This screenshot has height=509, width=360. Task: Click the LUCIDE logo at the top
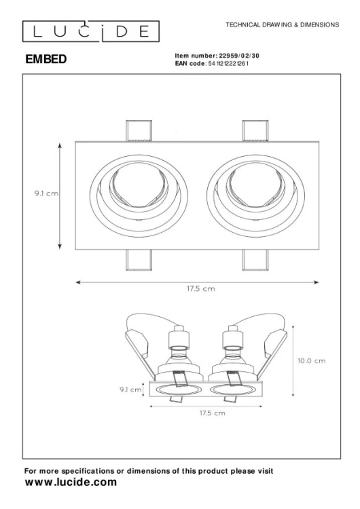tap(90, 31)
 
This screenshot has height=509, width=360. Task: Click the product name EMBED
tap(46, 59)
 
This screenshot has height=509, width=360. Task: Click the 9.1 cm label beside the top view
tap(46, 193)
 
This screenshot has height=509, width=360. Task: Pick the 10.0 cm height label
tap(311, 360)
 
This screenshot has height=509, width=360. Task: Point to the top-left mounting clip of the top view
tap(139, 131)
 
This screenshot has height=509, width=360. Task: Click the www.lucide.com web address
tap(71, 483)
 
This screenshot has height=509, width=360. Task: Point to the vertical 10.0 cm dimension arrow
tap(292, 360)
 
